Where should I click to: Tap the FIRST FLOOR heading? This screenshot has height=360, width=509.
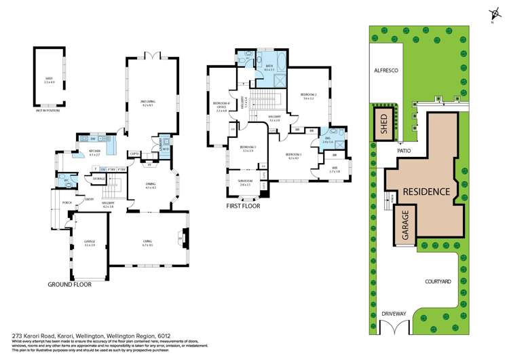click(244, 204)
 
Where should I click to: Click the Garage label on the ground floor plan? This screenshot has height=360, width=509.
click(90, 242)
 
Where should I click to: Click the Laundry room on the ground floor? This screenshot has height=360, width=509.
click(158, 145)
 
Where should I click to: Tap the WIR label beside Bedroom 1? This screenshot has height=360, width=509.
click(335, 170)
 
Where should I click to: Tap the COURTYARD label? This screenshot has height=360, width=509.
click(439, 280)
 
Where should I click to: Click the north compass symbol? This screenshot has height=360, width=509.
click(491, 12)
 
